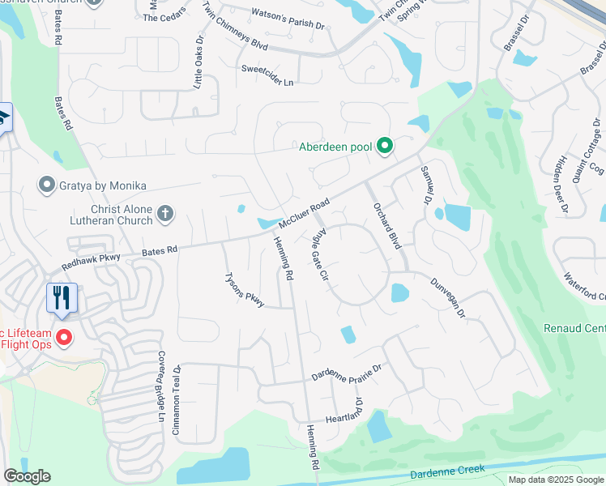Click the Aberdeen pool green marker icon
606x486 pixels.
click(386, 147)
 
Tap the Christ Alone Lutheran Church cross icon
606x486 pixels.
click(164, 214)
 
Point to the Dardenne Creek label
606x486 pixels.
click(447, 471)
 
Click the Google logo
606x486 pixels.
click(27, 476)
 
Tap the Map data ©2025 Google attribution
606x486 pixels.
click(555, 480)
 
